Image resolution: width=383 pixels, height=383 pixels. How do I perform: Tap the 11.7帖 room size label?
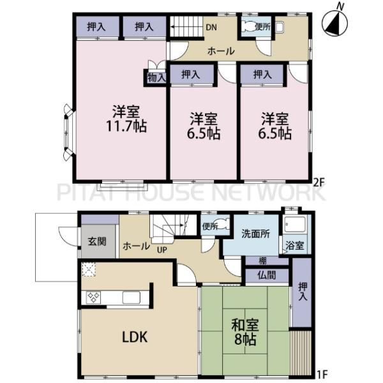[x=126, y=126]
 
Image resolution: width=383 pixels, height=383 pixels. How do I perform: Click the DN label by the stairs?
[x=211, y=27]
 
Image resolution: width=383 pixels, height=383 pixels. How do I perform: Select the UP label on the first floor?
[x=162, y=250]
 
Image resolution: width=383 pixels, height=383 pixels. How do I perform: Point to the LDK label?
[x=135, y=337]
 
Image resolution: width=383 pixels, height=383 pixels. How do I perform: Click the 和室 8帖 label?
[x=245, y=332]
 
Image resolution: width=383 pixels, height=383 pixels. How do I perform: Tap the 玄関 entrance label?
[x=97, y=241]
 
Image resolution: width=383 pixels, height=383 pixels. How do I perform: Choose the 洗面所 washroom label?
[x=255, y=234]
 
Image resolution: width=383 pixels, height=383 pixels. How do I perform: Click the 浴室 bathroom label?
[x=295, y=246]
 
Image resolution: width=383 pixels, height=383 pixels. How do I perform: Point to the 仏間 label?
[x=267, y=275]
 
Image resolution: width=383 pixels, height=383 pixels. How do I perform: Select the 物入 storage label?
[x=156, y=78]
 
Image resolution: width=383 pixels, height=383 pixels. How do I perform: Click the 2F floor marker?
[x=319, y=182]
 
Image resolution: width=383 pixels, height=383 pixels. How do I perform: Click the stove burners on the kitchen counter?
[x=94, y=297]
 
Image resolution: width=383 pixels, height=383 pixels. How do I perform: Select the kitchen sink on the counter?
[x=131, y=297]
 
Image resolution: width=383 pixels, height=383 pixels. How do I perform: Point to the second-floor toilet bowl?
[x=248, y=26]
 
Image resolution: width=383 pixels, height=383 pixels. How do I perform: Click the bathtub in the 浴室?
[x=296, y=225]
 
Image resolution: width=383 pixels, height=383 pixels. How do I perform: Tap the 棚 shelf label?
[x=262, y=261]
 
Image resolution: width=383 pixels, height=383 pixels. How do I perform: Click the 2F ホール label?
[x=221, y=51]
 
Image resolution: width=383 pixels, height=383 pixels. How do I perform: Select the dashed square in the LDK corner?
[x=89, y=269]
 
